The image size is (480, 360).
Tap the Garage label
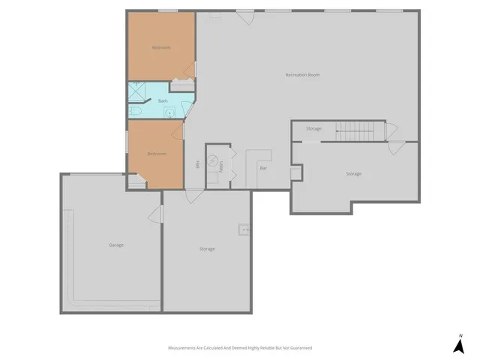click(x=116, y=244)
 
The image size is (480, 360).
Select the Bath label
click(x=163, y=100)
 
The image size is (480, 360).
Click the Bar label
click(x=263, y=168)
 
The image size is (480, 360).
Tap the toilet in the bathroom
click(x=135, y=111)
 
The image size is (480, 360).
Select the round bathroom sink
click(x=170, y=113)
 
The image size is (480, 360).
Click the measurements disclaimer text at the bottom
click(x=239, y=348)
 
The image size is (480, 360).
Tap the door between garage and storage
click(x=157, y=214)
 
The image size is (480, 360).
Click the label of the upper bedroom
click(x=161, y=47)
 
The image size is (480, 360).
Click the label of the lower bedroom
click(x=157, y=154)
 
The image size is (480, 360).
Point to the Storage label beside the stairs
click(x=313, y=128)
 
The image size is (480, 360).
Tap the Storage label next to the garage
click(x=207, y=248)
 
